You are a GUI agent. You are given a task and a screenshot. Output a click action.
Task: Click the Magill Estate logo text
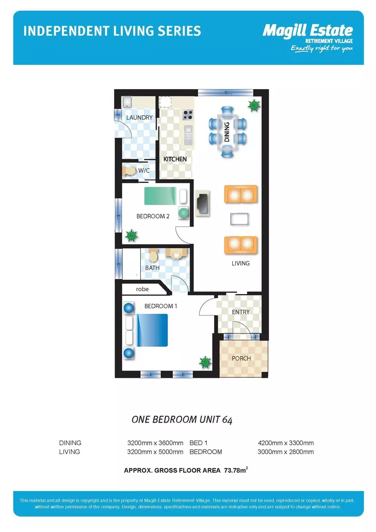coord(308,31)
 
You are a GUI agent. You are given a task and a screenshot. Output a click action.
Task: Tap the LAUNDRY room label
coord(139,117)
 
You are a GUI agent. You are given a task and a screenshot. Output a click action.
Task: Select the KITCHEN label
coord(175,159)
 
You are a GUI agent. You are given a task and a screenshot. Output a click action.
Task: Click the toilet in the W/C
coord(129,170)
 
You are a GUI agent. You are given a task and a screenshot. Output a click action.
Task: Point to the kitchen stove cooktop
coord(188,115)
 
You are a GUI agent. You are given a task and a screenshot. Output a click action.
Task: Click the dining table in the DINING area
coord(227,132)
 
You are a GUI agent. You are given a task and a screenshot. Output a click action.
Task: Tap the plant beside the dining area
coord(253,106)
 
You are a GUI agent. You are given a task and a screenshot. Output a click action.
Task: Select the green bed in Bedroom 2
coord(160,196)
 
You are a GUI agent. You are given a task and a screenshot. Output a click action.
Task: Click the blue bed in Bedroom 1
coord(152,330)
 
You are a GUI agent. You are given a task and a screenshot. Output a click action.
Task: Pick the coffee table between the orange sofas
coord(240,219)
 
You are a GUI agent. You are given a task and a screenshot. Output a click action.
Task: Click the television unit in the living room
coord(203,203)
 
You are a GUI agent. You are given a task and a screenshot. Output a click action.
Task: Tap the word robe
coord(142,289)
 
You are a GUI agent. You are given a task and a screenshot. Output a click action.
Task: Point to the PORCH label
coord(241,358)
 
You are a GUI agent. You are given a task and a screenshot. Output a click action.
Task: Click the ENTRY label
coord(241,312)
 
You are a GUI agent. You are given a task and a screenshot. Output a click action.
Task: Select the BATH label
coord(152,267)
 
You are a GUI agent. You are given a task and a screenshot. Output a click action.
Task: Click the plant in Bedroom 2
coord(131,235)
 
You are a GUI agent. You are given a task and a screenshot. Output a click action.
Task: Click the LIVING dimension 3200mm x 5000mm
coord(156,452)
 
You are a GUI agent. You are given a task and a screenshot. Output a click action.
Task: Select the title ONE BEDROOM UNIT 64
coord(182,420)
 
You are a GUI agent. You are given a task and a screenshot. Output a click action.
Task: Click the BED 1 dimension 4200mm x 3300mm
coord(286,443)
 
